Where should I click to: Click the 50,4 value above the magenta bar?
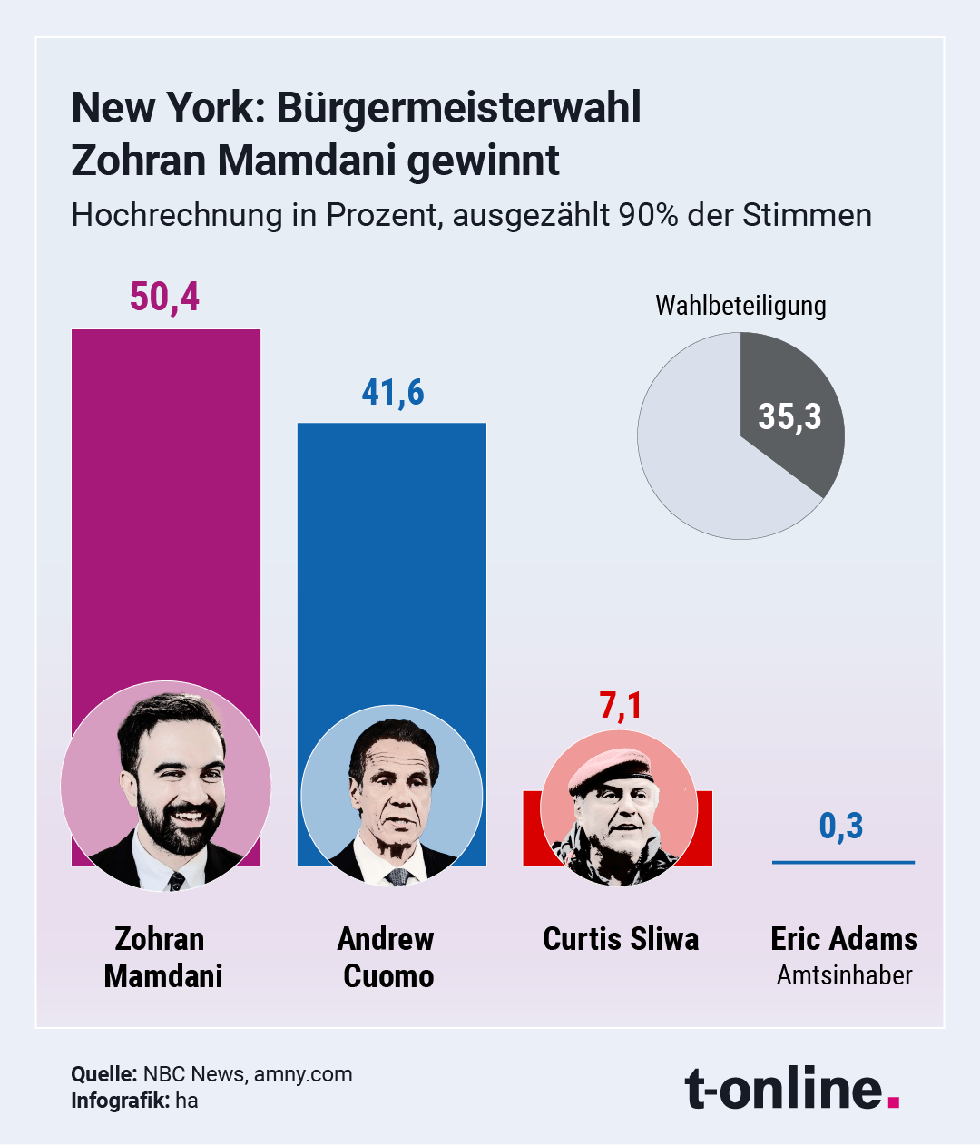click(x=164, y=297)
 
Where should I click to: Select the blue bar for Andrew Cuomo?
click(x=391, y=563)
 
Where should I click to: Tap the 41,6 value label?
click(x=393, y=392)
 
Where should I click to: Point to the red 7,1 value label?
click(x=621, y=705)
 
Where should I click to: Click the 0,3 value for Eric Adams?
click(x=841, y=826)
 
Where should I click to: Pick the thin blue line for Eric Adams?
click(x=843, y=862)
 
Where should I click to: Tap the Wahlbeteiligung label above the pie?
click(x=740, y=306)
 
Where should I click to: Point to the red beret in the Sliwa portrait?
click(x=609, y=768)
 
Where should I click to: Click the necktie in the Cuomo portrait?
click(x=397, y=876)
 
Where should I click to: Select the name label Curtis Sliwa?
click(x=621, y=939)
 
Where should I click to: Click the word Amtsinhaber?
click(x=844, y=975)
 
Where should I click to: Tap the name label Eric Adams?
click(x=844, y=939)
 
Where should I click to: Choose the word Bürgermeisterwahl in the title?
click(x=458, y=108)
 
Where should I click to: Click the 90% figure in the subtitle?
click(x=648, y=215)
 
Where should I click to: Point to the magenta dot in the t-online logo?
click(x=894, y=1101)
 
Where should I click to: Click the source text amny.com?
click(x=303, y=1074)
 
